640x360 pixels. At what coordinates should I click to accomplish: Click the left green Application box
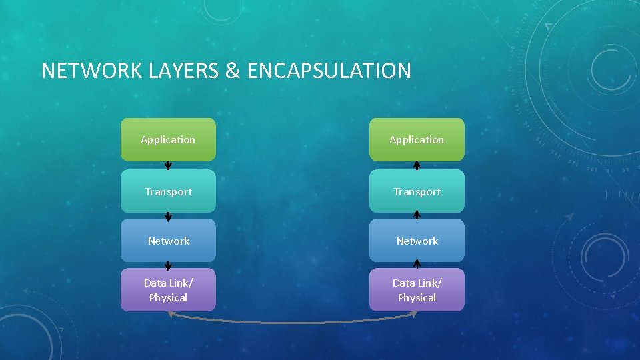168,139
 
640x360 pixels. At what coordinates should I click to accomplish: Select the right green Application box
417,139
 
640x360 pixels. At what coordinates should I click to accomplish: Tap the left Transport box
168,191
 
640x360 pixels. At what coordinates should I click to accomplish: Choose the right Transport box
417,191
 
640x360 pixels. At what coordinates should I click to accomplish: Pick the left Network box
168,241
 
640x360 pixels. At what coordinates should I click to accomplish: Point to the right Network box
417,241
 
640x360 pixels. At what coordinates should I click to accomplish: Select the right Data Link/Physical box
417,290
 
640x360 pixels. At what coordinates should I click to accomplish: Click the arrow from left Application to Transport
169,165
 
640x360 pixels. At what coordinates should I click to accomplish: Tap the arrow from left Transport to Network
169,215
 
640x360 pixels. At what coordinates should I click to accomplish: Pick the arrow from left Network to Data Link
169,265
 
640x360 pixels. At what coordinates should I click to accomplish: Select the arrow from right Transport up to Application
417,165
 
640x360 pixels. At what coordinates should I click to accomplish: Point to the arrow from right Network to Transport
417,215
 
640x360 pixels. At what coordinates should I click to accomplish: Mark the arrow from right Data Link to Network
417,265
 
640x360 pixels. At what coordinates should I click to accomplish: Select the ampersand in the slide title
233,71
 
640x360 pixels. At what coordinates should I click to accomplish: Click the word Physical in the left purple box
168,298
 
